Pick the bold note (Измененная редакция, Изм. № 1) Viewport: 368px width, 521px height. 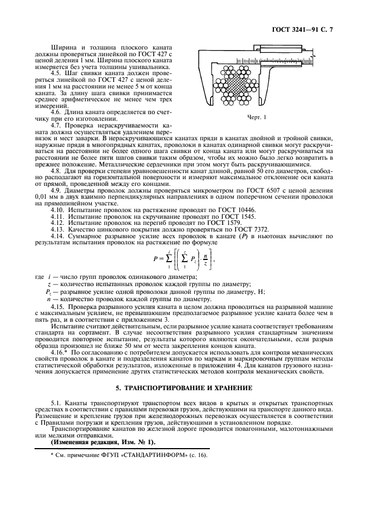tap(96, 442)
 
